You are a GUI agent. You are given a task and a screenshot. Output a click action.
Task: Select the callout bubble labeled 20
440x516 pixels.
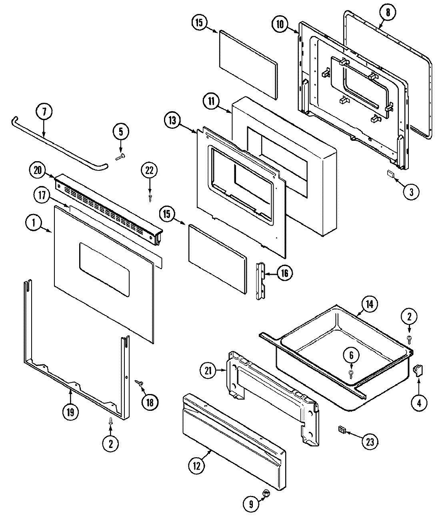[x=37, y=170]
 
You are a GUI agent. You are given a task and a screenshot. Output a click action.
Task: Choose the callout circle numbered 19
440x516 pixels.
[x=70, y=412]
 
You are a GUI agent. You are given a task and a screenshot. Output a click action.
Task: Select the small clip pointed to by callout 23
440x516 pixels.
[x=342, y=430]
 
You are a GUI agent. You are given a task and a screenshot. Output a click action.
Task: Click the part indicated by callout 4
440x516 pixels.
[x=418, y=372]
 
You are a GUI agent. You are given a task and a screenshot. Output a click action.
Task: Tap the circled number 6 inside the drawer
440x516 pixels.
[x=351, y=355]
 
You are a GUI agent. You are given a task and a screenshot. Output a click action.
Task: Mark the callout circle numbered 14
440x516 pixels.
[x=369, y=304]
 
